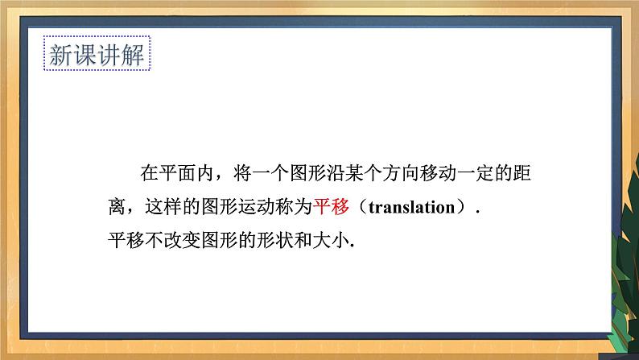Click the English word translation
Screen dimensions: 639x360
click(x=411, y=207)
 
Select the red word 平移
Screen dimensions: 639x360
click(x=331, y=207)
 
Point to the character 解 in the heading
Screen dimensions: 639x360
click(x=133, y=55)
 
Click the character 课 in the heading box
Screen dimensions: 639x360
click(x=85, y=55)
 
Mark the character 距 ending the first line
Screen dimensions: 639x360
click(x=522, y=173)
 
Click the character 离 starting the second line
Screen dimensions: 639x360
click(x=117, y=207)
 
